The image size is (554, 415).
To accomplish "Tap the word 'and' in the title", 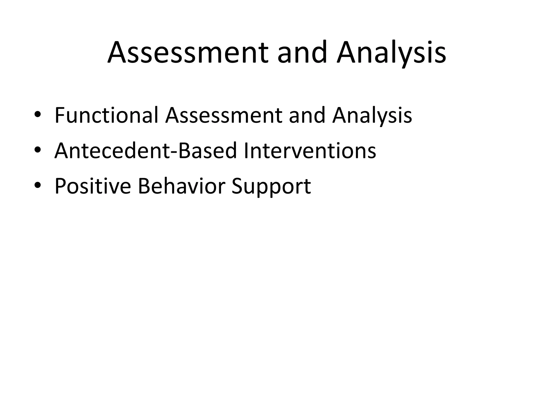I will (302, 53).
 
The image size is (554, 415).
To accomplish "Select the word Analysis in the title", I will (391, 53).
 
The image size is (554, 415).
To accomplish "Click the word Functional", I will (106, 116).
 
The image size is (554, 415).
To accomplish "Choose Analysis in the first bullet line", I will (372, 116).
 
